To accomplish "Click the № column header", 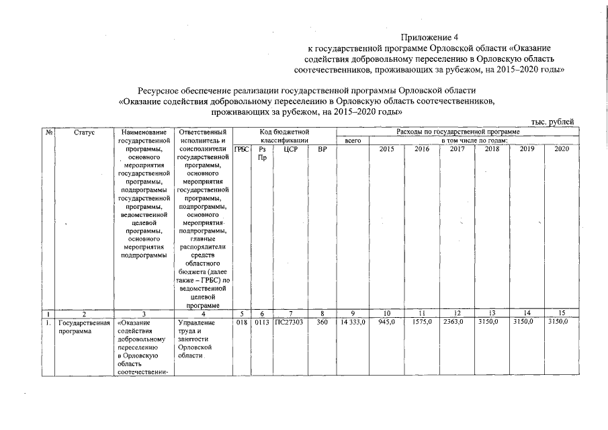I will pyautogui.click(x=49, y=132).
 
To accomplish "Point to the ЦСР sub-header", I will pyautogui.click(x=290, y=149).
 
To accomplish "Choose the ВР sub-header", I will pyautogui.click(x=322, y=149).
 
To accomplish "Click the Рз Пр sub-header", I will pyautogui.click(x=262, y=153).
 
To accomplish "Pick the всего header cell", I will pyautogui.click(x=353, y=141).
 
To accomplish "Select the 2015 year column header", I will pyautogui.click(x=387, y=149).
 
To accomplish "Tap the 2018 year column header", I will pyautogui.click(x=492, y=149).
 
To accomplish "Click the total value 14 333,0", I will pyautogui.click(x=353, y=322).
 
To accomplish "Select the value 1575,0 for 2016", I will pyautogui.click(x=422, y=322).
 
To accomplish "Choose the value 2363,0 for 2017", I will pyautogui.click(x=457, y=322).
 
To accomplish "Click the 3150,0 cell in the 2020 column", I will pyautogui.click(x=558, y=322).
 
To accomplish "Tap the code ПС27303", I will pyautogui.click(x=290, y=322).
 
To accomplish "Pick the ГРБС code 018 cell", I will pyautogui.click(x=242, y=322).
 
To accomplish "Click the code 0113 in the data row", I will pyautogui.click(x=262, y=322).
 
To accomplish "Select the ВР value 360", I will pyautogui.click(x=322, y=322).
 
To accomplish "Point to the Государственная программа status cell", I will pyautogui.click(x=83, y=327).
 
